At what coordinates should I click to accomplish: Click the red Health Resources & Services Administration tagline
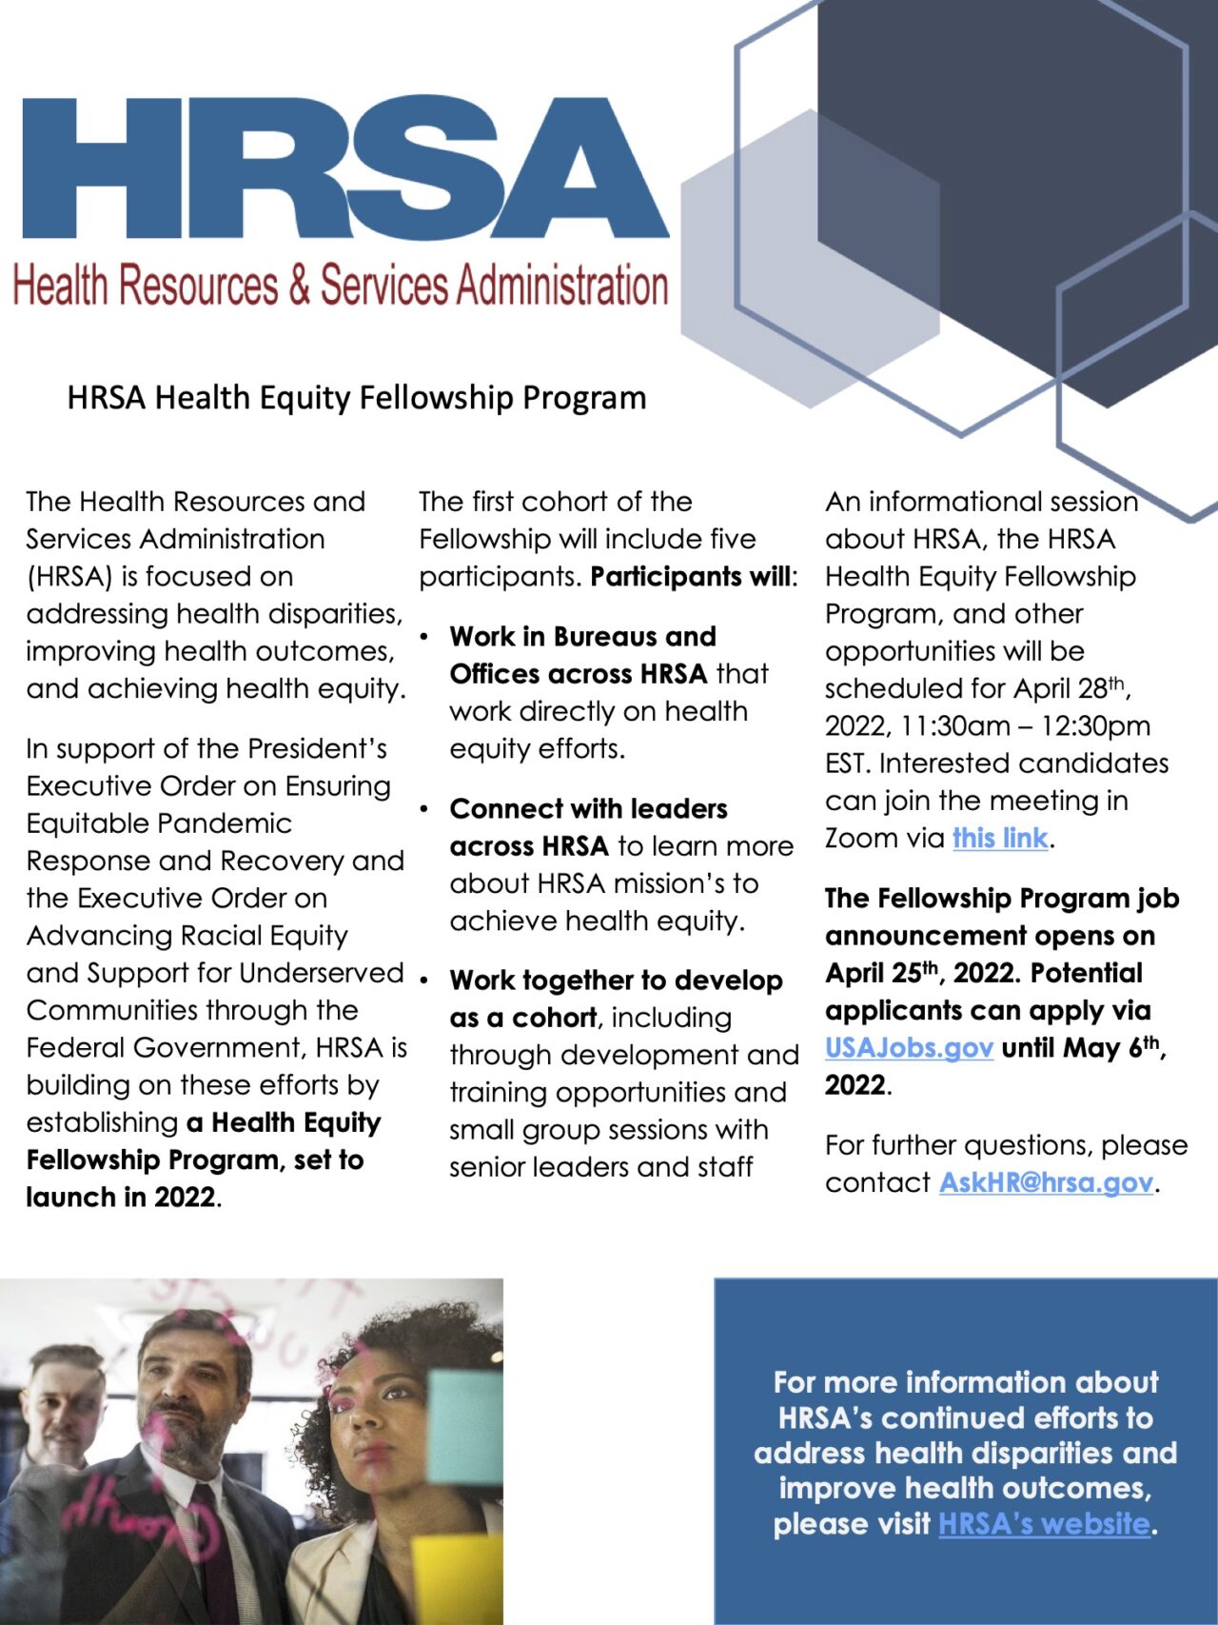point(340,286)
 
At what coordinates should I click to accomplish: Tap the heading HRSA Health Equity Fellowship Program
point(356,397)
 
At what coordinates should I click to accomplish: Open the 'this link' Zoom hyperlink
point(1000,838)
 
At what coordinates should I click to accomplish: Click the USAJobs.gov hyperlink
point(909,1047)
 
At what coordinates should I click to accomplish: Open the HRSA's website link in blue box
point(1044,1523)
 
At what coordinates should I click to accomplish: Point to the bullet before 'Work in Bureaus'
point(424,636)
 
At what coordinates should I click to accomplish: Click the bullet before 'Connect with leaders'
point(424,809)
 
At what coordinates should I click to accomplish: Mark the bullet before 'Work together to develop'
point(424,981)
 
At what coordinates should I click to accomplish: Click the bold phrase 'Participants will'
point(692,577)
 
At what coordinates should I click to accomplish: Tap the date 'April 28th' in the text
point(1071,688)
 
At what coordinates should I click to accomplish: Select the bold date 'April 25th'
point(882,973)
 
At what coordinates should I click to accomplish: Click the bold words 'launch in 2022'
point(120,1197)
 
